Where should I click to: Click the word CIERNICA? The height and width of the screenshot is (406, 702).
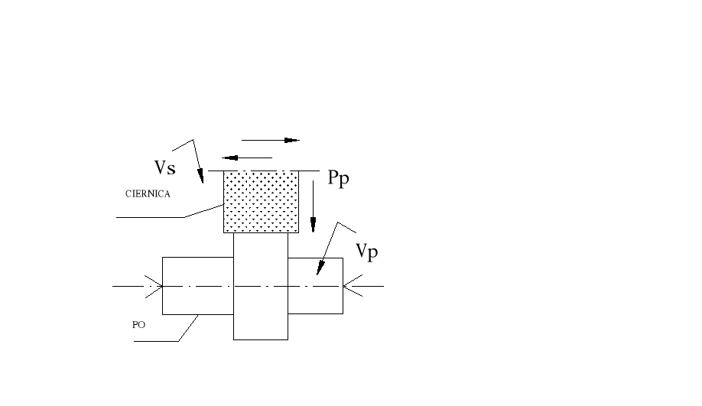click(x=148, y=194)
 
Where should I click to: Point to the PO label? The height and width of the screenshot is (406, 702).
click(x=138, y=324)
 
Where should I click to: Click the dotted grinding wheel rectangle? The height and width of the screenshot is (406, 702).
click(x=260, y=202)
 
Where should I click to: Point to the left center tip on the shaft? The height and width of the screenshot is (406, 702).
click(x=158, y=286)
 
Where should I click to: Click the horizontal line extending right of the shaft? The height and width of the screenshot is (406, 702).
click(x=367, y=286)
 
